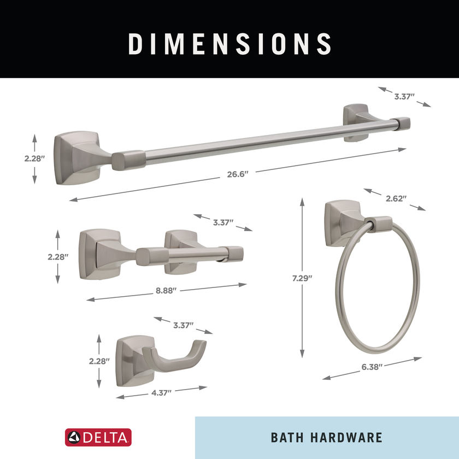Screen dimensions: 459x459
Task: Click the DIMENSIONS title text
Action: [x=230, y=44]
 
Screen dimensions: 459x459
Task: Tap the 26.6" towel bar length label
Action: [x=237, y=174]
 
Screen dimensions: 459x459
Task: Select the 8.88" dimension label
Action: [x=166, y=290]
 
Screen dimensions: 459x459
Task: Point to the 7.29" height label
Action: [x=302, y=278]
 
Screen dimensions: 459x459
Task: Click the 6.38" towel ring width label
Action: [x=372, y=367]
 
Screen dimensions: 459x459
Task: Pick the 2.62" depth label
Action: [x=396, y=198]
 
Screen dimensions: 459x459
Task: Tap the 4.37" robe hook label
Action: [x=161, y=393]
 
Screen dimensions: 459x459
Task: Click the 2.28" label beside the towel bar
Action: [x=34, y=158]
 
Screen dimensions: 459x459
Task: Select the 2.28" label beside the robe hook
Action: [x=99, y=361]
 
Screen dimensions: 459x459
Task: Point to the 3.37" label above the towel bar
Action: [x=404, y=96]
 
